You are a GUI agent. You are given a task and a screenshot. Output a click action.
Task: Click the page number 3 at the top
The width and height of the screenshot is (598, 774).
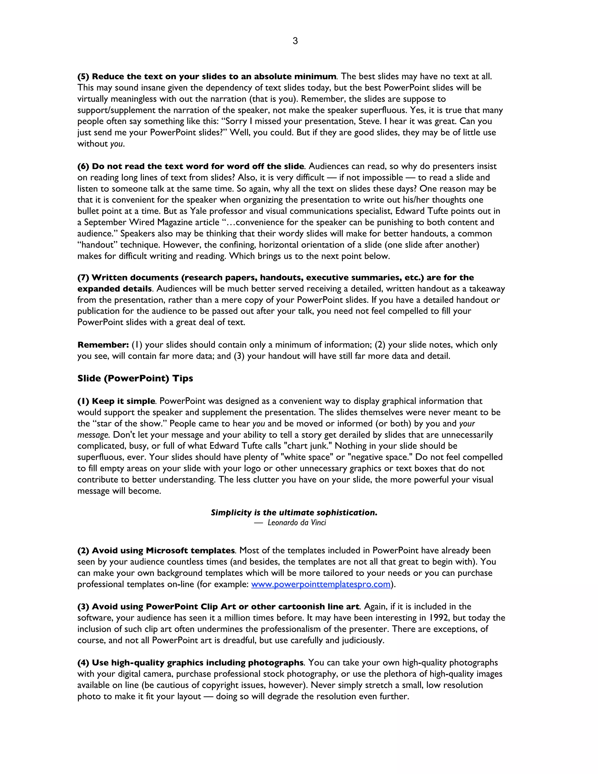295,41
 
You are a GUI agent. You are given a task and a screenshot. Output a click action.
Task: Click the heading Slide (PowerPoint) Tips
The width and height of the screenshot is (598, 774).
135,379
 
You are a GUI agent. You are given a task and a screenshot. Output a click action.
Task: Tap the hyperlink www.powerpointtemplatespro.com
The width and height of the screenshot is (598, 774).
321,584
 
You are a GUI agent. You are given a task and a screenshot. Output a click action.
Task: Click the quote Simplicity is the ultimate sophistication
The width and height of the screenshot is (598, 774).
294,513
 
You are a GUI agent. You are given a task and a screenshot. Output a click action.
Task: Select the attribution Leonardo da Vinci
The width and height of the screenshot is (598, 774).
297,523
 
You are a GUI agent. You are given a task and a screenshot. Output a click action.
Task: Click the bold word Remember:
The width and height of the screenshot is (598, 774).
103,345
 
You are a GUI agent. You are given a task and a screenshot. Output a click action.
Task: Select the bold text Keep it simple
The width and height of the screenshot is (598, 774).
123,401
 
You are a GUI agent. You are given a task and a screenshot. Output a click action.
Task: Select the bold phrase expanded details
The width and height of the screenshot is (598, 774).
114,289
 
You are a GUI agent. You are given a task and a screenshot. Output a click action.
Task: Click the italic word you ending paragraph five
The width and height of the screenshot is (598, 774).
117,144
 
